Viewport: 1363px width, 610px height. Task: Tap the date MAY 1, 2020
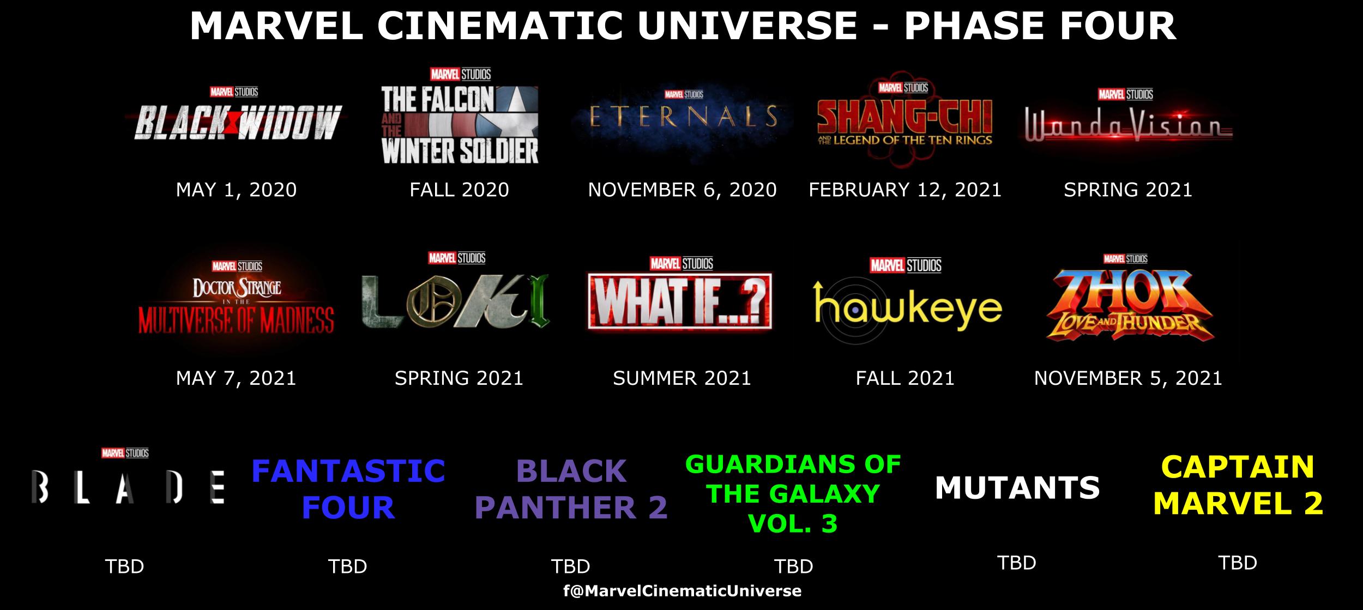pos(236,190)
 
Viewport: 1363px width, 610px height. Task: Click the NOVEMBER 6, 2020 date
pos(682,190)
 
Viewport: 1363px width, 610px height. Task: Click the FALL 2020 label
pos(459,190)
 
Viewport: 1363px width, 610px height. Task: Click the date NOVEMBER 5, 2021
pos(1128,378)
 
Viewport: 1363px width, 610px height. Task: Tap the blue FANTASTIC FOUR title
pos(348,489)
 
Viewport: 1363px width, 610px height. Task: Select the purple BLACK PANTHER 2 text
pos(571,489)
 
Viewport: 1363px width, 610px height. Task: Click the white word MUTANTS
pos(1017,488)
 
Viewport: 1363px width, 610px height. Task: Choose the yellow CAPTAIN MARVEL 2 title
pos(1238,485)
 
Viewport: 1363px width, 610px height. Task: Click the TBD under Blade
pos(124,566)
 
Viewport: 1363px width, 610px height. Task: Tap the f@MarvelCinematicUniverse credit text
pos(682,591)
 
